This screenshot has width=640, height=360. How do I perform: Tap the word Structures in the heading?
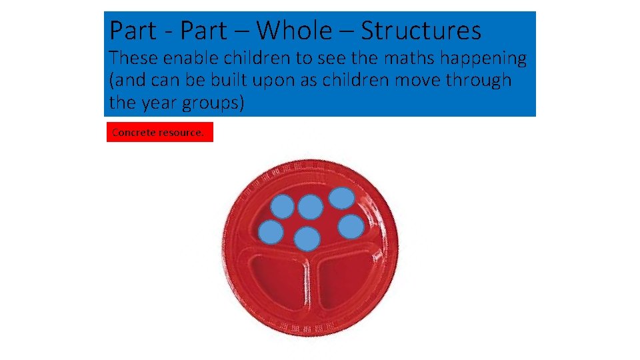click(421, 31)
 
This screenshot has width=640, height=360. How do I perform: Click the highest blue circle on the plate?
click(342, 198)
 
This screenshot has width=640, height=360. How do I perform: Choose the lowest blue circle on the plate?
click(307, 239)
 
